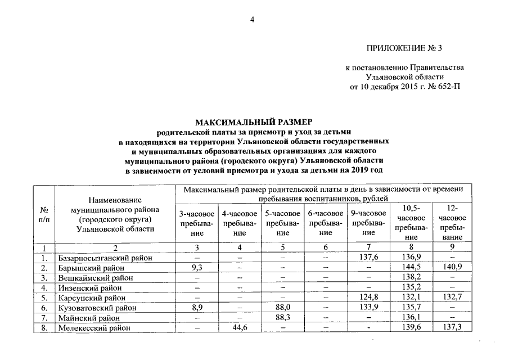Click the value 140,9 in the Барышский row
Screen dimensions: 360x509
pos(453,268)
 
